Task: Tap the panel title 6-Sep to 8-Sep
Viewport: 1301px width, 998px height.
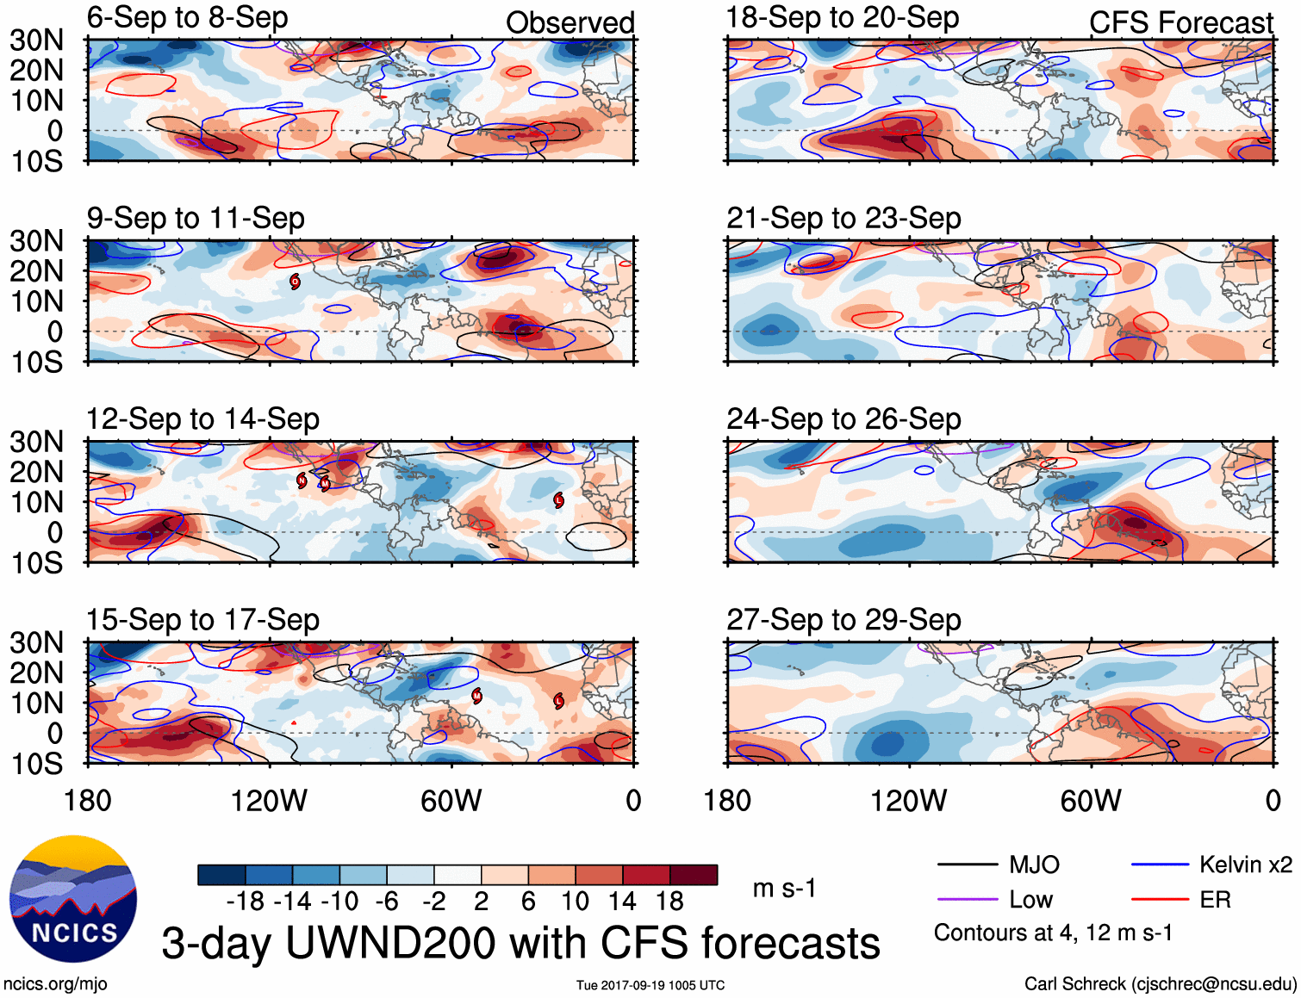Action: (187, 17)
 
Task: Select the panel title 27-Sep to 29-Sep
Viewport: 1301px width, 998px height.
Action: (843, 619)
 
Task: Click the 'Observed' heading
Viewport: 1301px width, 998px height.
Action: (570, 22)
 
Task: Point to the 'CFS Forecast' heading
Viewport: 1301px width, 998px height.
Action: (1180, 22)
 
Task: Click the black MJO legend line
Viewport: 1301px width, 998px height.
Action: (967, 865)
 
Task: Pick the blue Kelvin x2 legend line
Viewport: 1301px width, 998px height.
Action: (1160, 865)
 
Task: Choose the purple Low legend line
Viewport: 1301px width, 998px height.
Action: (967, 900)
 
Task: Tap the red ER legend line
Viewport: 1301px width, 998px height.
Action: (1160, 900)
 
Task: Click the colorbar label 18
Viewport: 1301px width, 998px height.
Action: (669, 902)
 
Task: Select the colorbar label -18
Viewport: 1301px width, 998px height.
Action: (246, 902)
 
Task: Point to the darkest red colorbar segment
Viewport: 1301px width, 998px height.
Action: (694, 875)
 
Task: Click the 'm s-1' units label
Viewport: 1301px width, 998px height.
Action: (784, 888)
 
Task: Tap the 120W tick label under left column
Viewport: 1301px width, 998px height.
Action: (269, 801)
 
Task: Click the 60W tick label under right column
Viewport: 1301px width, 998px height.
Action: (1091, 801)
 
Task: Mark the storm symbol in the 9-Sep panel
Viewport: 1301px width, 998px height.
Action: (295, 282)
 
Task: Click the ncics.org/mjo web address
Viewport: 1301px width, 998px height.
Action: (55, 983)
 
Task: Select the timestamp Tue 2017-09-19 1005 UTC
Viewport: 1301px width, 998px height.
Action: (650, 985)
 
